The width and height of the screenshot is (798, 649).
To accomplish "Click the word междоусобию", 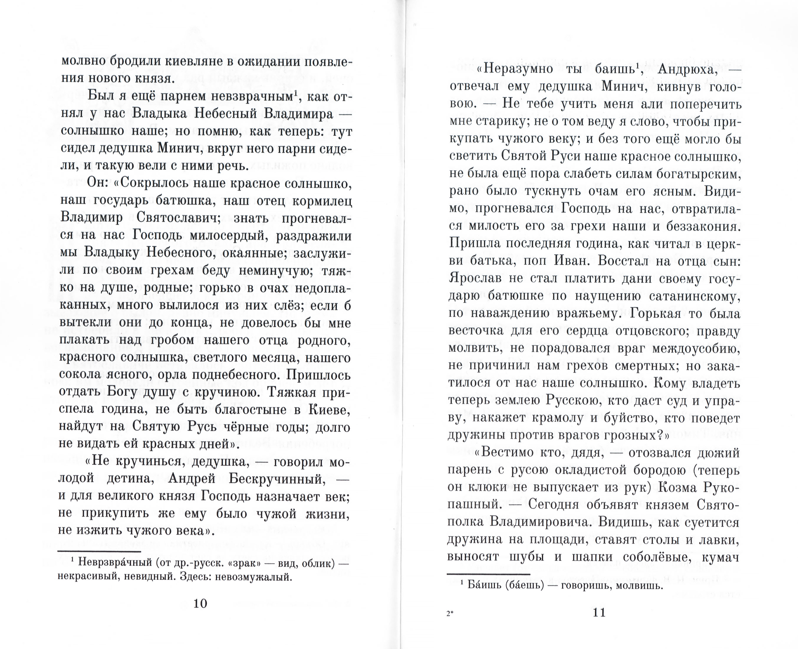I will click(696, 348).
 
